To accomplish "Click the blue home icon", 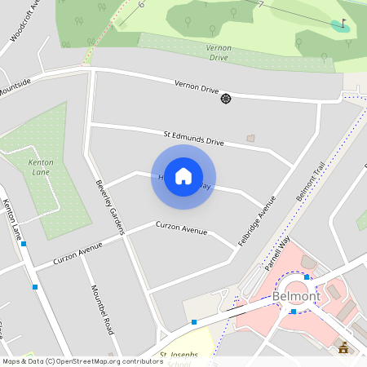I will [x=183, y=176].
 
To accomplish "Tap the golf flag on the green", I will [x=343, y=24].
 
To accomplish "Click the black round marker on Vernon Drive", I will [x=226, y=99].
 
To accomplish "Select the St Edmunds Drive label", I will [x=193, y=137].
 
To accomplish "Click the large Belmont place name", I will [x=296, y=296].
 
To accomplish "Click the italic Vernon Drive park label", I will [x=218, y=53].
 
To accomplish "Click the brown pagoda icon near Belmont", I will [x=343, y=347].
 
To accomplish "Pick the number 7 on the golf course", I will [x=260, y=5].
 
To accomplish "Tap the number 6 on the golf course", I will [x=140, y=6].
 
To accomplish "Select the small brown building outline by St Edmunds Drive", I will [x=250, y=137].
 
